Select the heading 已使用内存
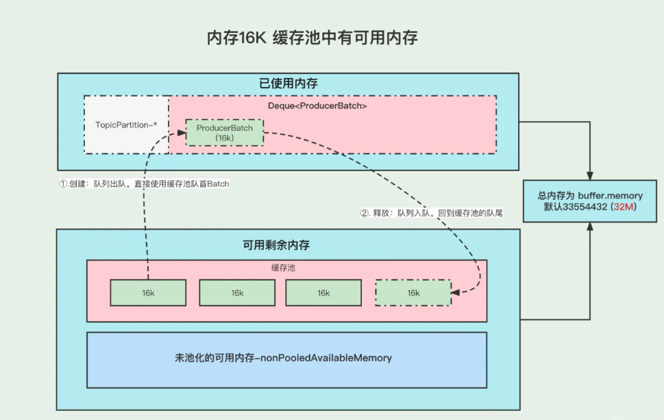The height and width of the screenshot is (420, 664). click(x=288, y=84)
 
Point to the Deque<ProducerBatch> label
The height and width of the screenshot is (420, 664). click(x=317, y=106)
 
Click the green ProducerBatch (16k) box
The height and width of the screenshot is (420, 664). click(x=225, y=132)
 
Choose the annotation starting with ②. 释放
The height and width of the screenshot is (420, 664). click(x=432, y=213)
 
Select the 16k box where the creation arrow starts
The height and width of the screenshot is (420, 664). click(x=148, y=293)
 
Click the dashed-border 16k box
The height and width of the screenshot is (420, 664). click(x=413, y=293)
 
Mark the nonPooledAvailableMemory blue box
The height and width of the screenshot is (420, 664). click(x=286, y=359)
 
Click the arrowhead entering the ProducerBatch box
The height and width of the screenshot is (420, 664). click(x=181, y=134)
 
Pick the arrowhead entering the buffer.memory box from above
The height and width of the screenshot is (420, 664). click(x=591, y=175)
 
